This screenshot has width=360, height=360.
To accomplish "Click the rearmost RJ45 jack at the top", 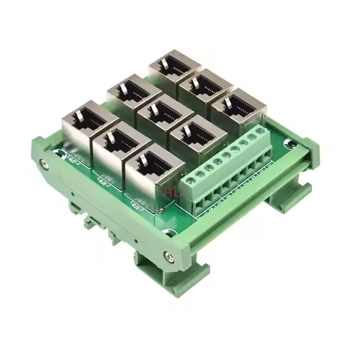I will click(175, 66).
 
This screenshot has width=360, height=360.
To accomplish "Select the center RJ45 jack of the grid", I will click(164, 115).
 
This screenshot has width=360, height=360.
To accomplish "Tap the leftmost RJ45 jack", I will click(86, 123).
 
